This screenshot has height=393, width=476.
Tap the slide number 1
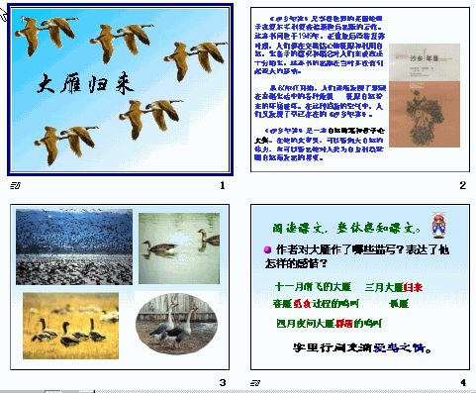(x=223, y=186)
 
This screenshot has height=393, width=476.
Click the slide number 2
(x=462, y=186)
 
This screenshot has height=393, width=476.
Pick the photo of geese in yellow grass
(x=70, y=321)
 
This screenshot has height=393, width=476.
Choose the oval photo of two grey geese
(x=180, y=323)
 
